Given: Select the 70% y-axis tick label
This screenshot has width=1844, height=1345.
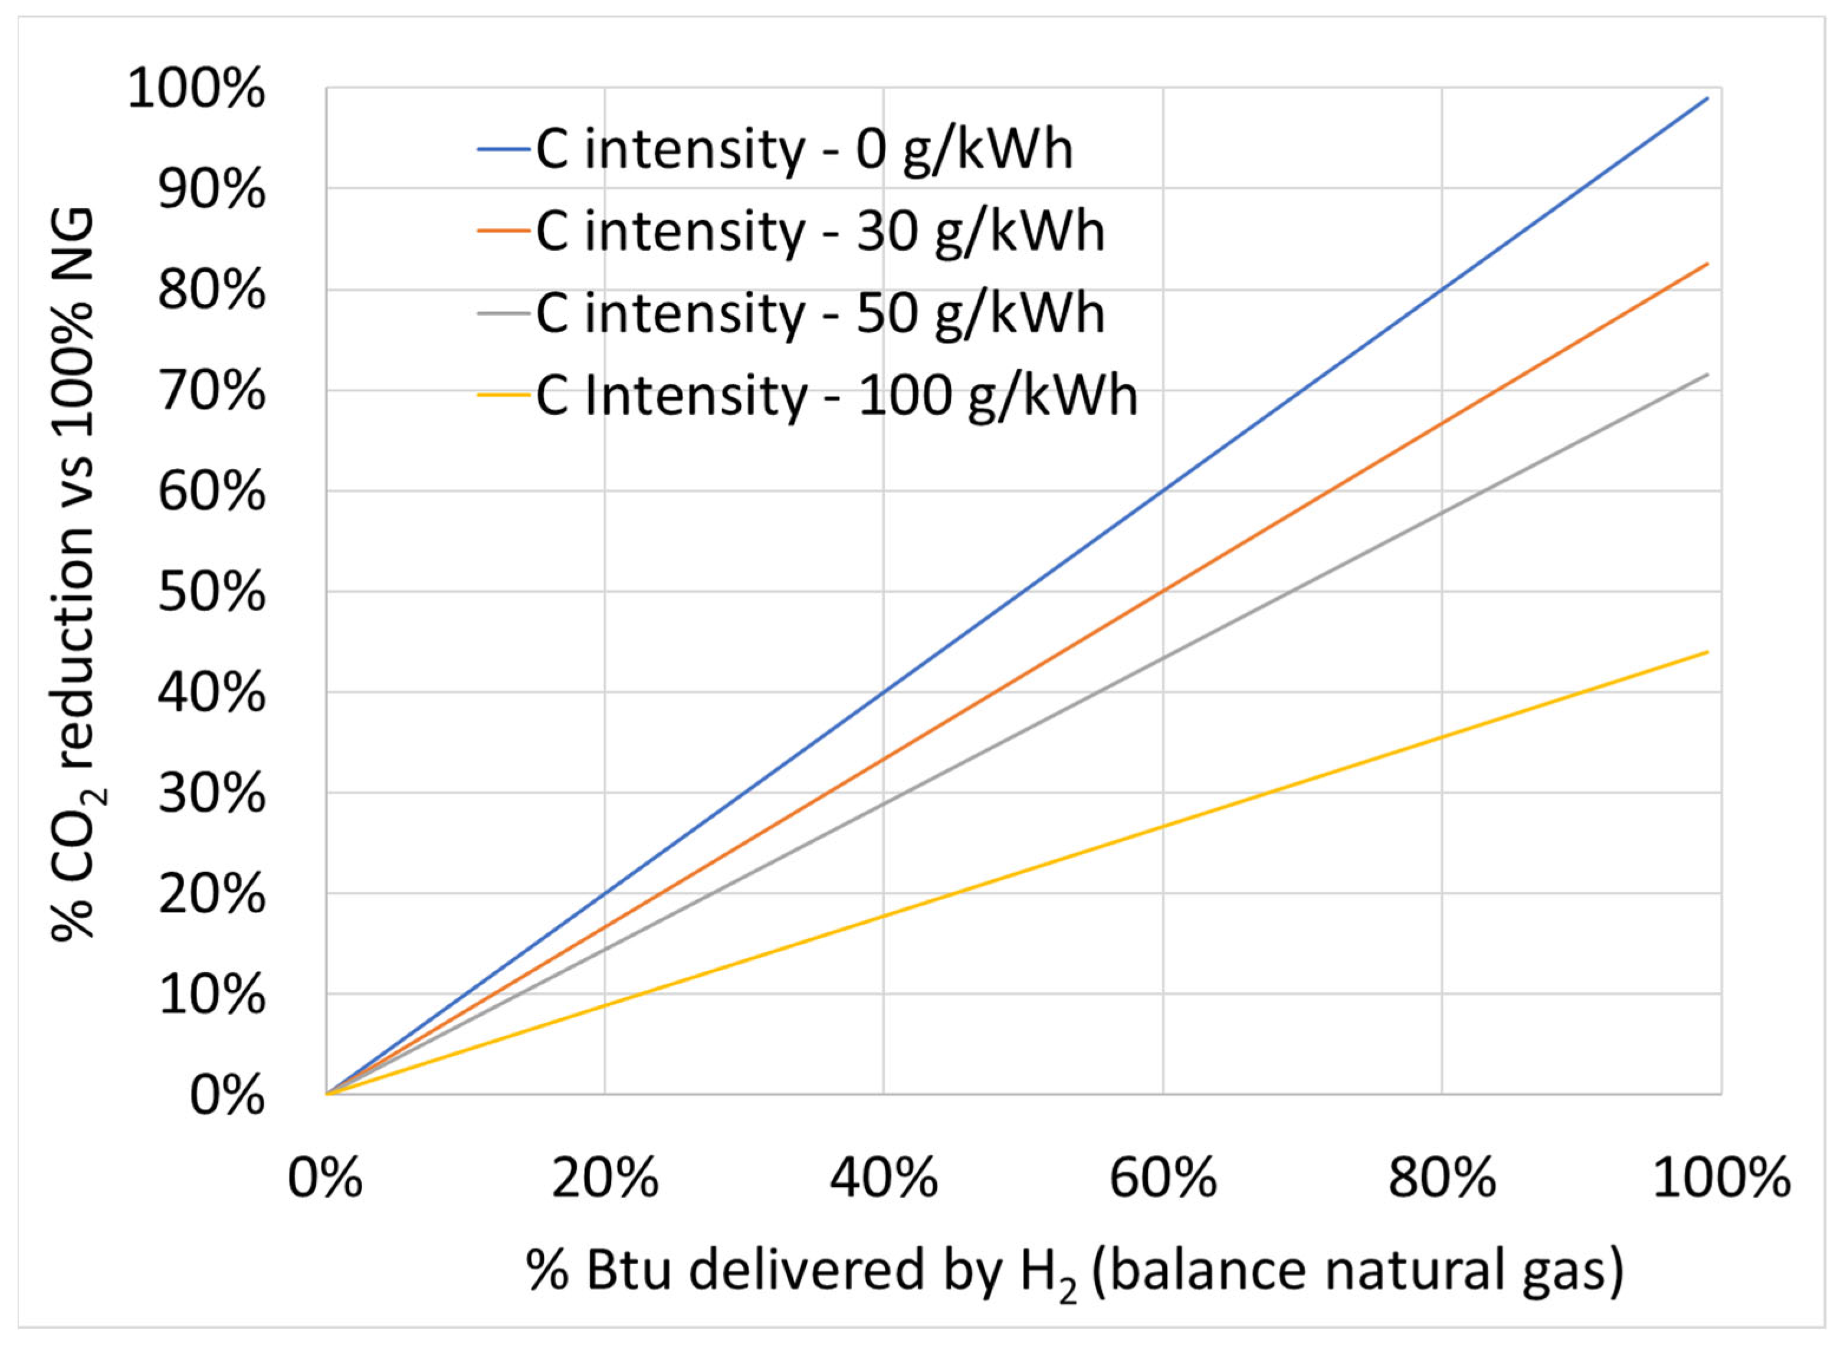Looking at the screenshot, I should click(212, 392).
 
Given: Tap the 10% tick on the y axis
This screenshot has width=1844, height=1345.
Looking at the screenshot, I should click(212, 995).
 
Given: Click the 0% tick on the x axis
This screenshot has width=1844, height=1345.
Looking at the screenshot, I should click(325, 1178).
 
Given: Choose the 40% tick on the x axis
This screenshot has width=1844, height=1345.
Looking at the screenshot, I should click(883, 1178).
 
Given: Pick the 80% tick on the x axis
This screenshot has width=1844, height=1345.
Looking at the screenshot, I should click(1442, 1178).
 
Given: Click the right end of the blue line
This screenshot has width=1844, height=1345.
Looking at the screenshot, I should click(1707, 98).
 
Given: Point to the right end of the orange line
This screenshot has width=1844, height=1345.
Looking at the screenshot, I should click(1707, 264).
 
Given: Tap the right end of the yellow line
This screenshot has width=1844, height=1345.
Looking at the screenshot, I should click(1707, 652).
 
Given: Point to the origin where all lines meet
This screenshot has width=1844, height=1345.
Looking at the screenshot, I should click(326, 1094).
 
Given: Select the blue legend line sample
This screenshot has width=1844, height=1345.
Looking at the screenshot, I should click(506, 150).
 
